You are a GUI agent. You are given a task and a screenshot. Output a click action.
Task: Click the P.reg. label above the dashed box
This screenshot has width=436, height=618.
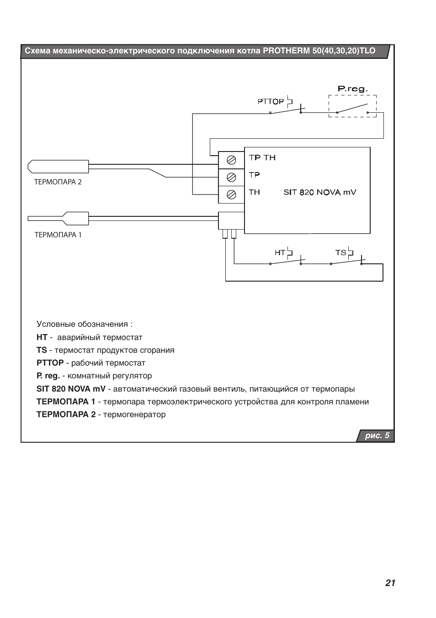pos(352,89)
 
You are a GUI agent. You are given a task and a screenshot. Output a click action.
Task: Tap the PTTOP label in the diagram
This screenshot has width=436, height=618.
pos(271,101)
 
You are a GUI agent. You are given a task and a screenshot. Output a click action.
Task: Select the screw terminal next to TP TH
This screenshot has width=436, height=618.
pos(231,160)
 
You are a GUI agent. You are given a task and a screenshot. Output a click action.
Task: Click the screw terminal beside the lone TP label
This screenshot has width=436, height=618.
pos(231,178)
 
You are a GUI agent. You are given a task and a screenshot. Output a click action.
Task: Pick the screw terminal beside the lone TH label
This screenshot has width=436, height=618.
pos(231,195)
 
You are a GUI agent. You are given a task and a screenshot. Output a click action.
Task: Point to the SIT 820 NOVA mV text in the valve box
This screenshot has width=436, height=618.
pos(320,192)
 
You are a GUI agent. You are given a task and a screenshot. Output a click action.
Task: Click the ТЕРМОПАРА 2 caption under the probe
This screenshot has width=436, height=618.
pos(58,182)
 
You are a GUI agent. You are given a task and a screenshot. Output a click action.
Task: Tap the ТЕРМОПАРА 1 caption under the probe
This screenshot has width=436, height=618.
pos(58,235)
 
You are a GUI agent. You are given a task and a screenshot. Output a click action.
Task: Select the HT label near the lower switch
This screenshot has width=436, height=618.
pos(280,252)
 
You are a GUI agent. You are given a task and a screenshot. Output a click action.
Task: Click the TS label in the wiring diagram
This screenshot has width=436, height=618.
pos(340,252)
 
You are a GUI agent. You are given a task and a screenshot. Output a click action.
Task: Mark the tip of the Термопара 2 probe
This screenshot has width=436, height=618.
pos(28,167)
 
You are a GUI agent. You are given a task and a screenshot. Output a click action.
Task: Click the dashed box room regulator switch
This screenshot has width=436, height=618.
pos(352,106)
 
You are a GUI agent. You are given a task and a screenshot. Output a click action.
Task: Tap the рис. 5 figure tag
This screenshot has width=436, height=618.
pos(377,435)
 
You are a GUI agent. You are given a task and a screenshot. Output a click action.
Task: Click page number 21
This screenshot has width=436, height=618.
pos(390,583)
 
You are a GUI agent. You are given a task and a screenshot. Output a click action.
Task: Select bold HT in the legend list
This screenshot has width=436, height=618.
pos(42,337)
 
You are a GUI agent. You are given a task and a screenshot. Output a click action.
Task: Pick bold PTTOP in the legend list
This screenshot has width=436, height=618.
pos(50,363)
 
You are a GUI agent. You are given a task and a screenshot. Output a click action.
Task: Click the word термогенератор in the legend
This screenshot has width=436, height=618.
pos(134,415)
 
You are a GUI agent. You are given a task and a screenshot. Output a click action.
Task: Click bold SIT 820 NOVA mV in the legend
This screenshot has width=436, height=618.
pos(71,389)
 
